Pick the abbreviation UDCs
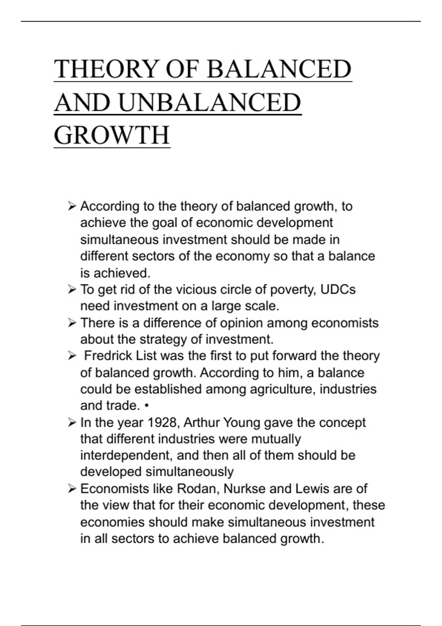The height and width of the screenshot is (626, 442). click(x=338, y=289)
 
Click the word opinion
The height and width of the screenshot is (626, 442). click(x=241, y=323)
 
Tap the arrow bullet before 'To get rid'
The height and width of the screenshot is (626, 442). click(x=72, y=289)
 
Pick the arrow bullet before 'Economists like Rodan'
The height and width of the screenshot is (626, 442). click(x=72, y=489)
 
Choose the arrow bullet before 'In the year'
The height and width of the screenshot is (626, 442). click(x=72, y=422)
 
